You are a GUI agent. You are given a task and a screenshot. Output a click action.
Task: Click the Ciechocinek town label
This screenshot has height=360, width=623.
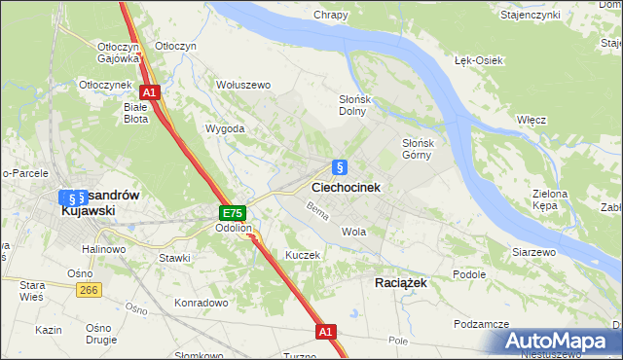(346, 187)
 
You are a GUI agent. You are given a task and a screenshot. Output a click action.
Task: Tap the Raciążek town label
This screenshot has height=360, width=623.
(400, 280)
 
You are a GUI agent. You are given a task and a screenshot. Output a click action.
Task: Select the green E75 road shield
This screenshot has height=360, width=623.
(232, 213)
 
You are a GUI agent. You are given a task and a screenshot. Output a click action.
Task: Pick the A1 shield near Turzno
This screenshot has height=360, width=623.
(327, 332)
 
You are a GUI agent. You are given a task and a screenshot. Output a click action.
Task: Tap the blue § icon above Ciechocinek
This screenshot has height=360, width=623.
(339, 166)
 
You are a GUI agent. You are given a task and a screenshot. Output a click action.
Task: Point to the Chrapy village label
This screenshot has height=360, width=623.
(331, 15)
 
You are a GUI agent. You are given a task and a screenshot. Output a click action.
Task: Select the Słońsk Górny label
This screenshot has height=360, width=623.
(424, 149)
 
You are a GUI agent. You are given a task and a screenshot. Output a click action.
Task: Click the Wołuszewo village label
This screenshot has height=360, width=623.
(242, 86)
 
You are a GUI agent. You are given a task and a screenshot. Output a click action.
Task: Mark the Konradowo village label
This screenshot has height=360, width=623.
(202, 303)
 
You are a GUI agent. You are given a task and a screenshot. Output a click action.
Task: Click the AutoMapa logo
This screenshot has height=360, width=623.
(560, 342)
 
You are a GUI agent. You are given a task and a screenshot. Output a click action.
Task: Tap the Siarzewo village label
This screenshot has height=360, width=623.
(533, 252)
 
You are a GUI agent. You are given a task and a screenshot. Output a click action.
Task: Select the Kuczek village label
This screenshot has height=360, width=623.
(302, 254)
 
